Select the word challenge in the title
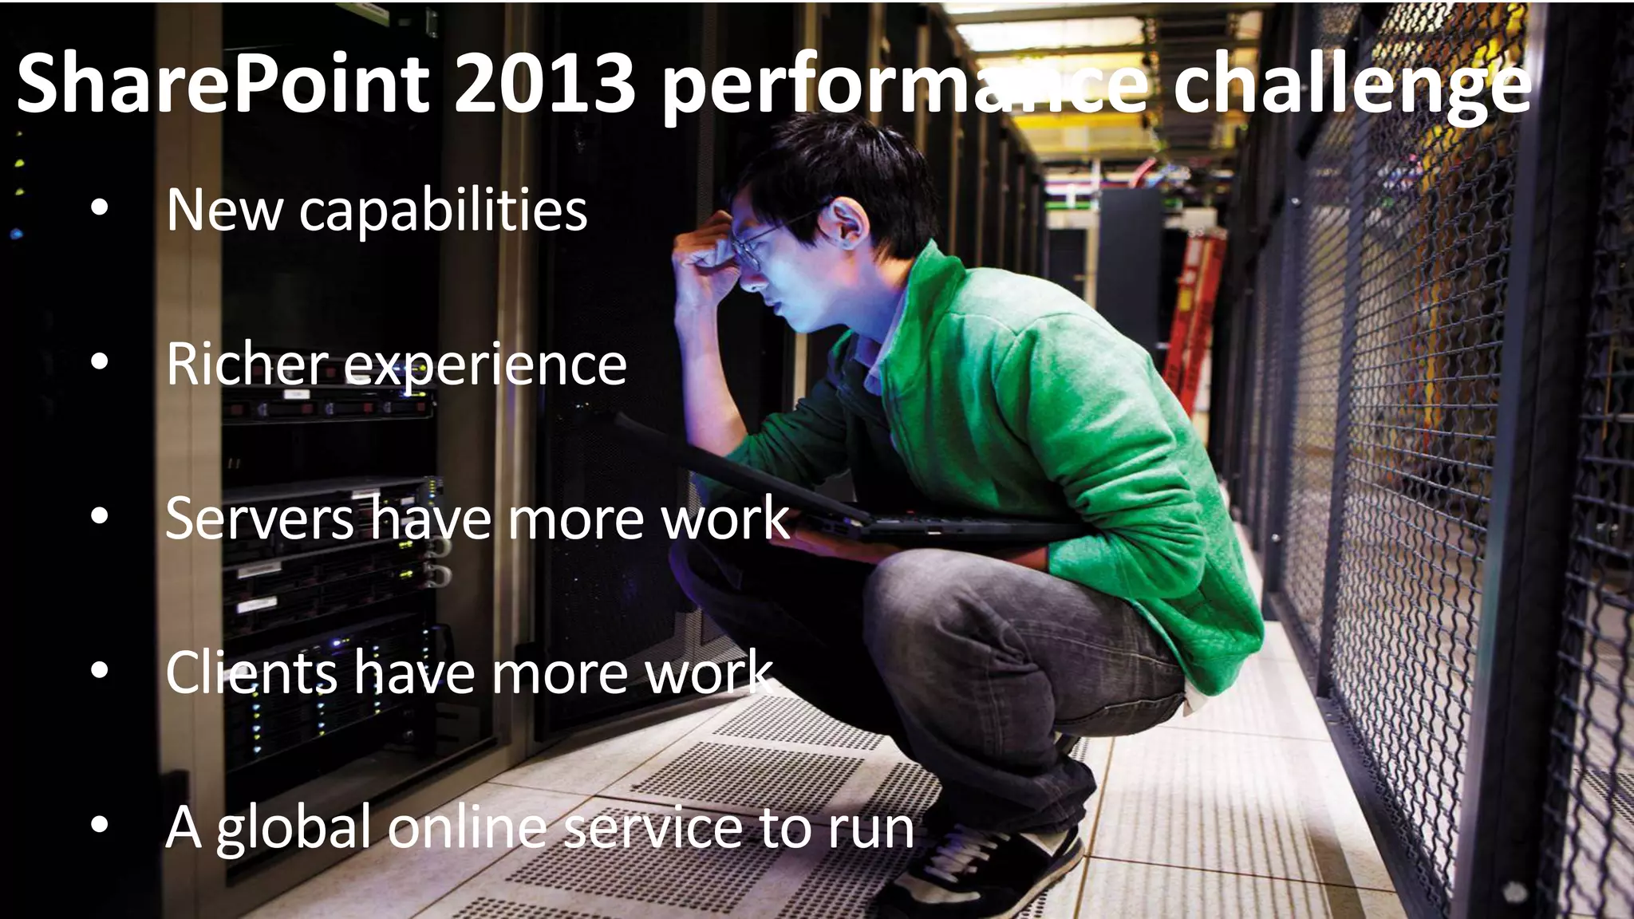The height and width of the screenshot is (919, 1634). [x=1352, y=88]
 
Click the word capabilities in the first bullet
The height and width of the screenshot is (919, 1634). [x=443, y=212]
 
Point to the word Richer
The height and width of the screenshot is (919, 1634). [x=247, y=365]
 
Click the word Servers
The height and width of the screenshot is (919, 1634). [x=259, y=519]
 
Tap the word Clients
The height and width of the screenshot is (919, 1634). [x=251, y=672]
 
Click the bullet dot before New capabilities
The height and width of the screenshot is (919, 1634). [x=99, y=208]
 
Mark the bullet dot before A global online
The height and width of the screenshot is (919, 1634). [x=99, y=826]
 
